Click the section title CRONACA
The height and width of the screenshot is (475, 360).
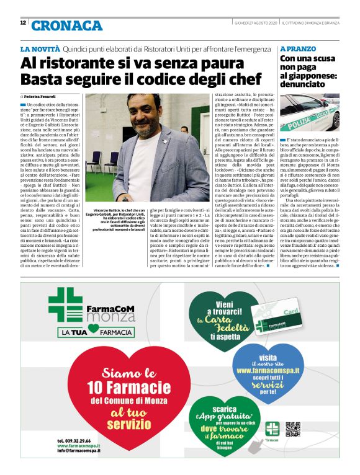tap(66, 25)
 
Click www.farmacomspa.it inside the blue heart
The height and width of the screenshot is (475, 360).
tap(268, 370)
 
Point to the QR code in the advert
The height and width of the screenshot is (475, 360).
tap(293, 428)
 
